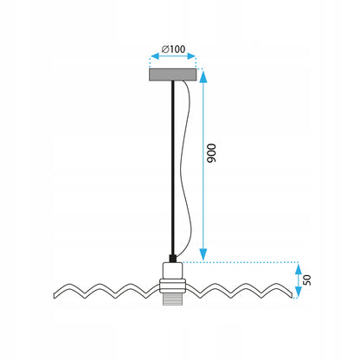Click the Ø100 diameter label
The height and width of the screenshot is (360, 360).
tap(173, 49)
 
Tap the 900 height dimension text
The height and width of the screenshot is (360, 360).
tap(211, 153)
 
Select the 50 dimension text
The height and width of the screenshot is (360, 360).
tap(307, 280)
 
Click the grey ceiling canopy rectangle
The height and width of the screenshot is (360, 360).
tap(173, 74)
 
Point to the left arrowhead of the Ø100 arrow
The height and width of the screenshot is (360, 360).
tap(155, 56)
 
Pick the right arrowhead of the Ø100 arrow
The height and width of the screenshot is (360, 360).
tap(191, 56)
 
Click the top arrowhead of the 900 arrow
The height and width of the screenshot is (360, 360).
tap(203, 76)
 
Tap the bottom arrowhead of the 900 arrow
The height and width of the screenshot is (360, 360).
tap(203, 254)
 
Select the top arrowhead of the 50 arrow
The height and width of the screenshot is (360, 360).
tap(299, 269)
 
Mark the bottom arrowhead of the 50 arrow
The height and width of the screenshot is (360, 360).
tap(299, 292)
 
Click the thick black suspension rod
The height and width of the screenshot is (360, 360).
tap(172, 168)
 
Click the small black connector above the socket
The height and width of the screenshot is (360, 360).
tap(172, 259)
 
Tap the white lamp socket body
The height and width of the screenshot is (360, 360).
tap(172, 271)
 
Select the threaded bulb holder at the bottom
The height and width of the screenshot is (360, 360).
tap(172, 300)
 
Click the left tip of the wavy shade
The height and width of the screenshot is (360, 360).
tap(55, 296)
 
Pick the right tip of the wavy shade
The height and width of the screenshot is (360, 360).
tap(292, 294)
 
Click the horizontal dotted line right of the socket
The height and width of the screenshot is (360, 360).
tap(241, 262)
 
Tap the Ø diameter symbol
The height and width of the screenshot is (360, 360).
tap(165, 49)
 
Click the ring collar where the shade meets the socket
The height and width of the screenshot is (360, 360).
tap(172, 286)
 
